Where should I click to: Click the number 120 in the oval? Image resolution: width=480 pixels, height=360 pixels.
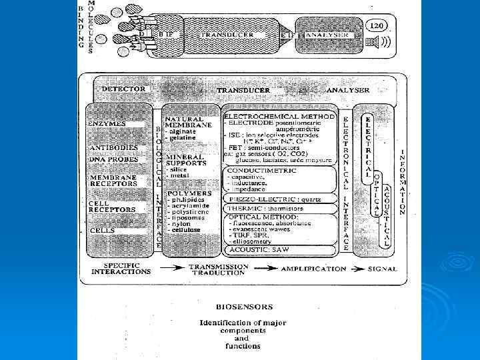tap(376, 25)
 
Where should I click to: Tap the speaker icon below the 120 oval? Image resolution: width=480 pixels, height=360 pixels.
tap(377, 42)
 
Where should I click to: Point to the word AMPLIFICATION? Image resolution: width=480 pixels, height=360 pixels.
tap(313, 269)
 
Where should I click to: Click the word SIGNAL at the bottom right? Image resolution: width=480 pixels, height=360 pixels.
tap(382, 269)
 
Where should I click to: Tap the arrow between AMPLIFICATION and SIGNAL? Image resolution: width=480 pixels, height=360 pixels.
tap(357, 269)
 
